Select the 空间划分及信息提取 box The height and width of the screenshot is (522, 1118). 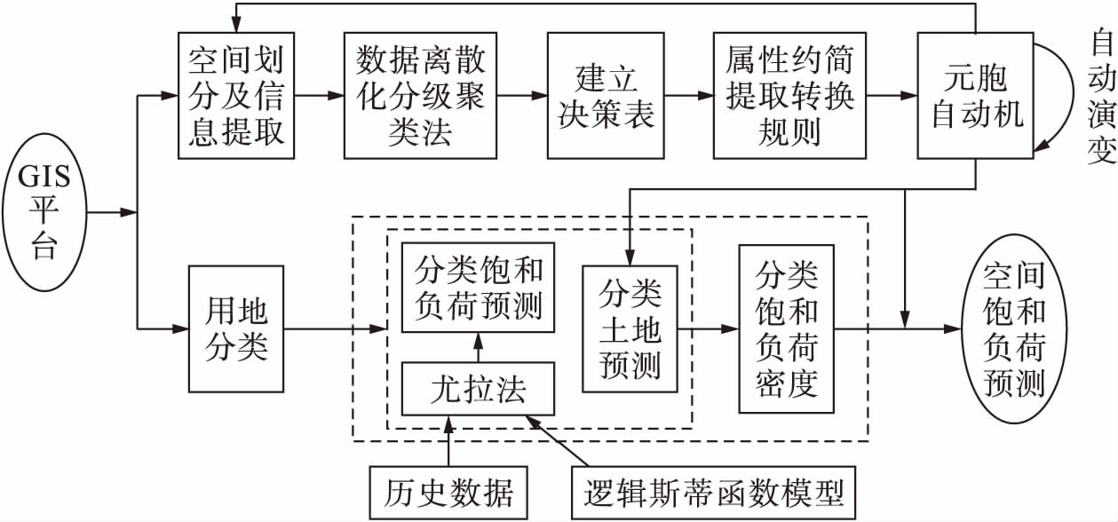pyautogui.click(x=235, y=95)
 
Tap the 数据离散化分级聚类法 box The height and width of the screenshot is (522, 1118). pyautogui.click(x=420, y=95)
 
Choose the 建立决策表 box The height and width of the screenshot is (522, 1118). pyautogui.click(x=606, y=95)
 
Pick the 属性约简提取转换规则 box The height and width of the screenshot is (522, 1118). pyautogui.click(x=779, y=95)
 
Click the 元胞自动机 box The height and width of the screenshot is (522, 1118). pyautogui.click(x=976, y=95)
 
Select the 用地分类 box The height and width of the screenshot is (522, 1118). pyautogui.click(x=235, y=329)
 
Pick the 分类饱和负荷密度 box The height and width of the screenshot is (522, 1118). pyautogui.click(x=787, y=328)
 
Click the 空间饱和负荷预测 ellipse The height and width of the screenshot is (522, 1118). pyautogui.click(x=1014, y=329)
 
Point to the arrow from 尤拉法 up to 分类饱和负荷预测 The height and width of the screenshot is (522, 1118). pyautogui.click(x=478, y=349)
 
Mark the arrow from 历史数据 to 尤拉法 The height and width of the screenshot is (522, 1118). pyautogui.click(x=448, y=441)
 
